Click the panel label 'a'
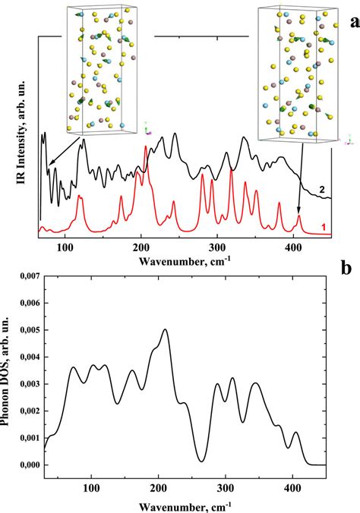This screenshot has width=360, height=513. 353,22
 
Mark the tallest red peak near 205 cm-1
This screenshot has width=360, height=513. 146,147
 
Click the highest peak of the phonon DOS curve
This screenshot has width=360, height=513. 165,329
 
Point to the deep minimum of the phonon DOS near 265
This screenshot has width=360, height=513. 201,461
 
